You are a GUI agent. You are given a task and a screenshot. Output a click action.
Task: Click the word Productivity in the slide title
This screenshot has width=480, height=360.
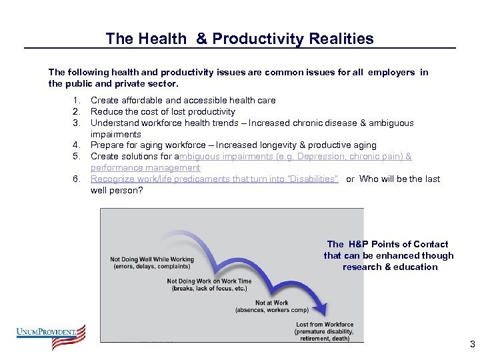pos(248,39)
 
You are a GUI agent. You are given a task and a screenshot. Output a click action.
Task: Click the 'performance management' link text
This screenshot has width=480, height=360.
pos(145,168)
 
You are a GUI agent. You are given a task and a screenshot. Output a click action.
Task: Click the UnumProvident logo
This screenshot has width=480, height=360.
pos(51,337)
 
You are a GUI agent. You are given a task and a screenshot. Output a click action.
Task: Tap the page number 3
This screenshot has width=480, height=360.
pos(472,345)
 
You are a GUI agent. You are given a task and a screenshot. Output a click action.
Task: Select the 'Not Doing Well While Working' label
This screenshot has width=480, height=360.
pos(152,259)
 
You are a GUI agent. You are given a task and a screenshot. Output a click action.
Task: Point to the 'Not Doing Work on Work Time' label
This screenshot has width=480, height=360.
pos(209,281)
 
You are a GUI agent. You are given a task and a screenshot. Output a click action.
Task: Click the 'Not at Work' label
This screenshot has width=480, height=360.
pos(271,303)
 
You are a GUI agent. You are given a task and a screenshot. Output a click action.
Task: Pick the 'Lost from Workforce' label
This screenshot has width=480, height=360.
pos(325,325)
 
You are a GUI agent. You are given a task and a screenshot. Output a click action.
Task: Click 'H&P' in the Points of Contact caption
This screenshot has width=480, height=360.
pos(358,244)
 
